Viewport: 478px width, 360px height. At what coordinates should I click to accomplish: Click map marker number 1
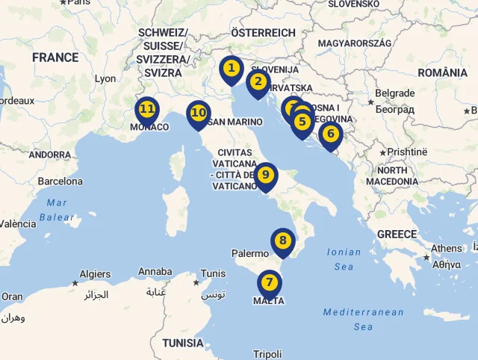[x=232, y=69]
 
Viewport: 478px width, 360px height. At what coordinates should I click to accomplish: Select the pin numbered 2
[x=258, y=82]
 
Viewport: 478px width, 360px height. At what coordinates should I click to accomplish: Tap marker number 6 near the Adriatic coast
[x=330, y=135]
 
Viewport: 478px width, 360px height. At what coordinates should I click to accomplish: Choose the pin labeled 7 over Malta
[x=269, y=283]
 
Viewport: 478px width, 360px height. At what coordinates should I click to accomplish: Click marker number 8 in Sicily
[x=282, y=241]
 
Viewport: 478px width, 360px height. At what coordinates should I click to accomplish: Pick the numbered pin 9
[x=265, y=176]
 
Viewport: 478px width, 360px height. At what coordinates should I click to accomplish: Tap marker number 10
[x=198, y=114]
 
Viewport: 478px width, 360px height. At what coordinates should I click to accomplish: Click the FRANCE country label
[x=55, y=58]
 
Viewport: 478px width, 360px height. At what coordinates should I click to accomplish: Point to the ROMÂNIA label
[x=443, y=72]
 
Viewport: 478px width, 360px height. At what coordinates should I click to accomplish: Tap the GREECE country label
[x=397, y=235]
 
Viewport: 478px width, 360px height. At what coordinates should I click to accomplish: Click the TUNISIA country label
[x=183, y=343]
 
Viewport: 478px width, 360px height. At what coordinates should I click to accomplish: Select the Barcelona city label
[x=60, y=181]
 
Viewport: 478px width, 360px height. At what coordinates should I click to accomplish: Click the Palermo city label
[x=249, y=254]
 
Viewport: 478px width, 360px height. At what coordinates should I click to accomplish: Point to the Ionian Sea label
[x=344, y=259]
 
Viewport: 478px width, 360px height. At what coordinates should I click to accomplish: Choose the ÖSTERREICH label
[x=263, y=33]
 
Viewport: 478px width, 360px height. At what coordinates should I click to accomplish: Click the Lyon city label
[x=105, y=78]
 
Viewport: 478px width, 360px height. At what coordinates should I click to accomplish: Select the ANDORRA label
[x=49, y=155]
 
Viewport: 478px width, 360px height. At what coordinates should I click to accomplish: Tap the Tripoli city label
[x=267, y=354]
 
